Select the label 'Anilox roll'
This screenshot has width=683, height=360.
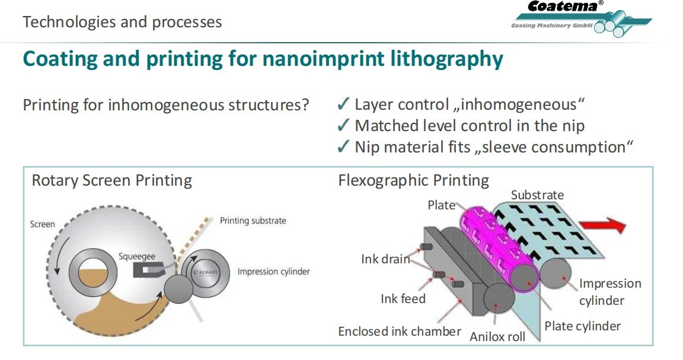click(497, 337)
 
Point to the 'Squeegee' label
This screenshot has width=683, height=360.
click(137, 256)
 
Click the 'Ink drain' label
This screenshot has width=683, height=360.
click(385, 259)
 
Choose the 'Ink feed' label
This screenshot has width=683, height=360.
click(403, 299)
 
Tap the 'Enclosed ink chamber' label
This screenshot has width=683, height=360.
click(400, 331)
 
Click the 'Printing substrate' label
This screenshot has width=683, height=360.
click(253, 221)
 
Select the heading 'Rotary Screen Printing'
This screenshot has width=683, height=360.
click(111, 180)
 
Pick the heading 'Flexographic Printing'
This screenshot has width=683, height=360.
click(413, 180)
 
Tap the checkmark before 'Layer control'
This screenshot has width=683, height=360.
click(343, 105)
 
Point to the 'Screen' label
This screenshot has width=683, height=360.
click(42, 224)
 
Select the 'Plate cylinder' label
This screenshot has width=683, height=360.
click(582, 326)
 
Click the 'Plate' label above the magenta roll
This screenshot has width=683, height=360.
click(441, 205)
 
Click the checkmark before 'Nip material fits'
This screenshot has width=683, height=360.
click(343, 146)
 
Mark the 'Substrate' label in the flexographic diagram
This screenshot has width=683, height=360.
click(537, 195)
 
